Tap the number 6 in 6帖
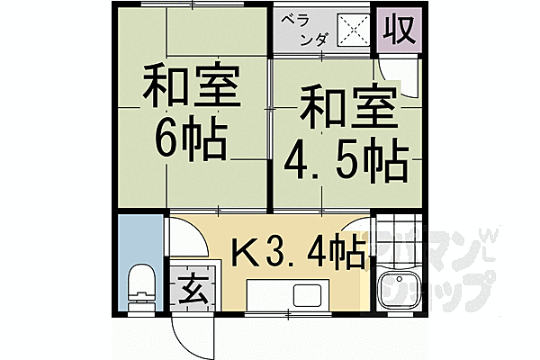pos(170,137)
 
